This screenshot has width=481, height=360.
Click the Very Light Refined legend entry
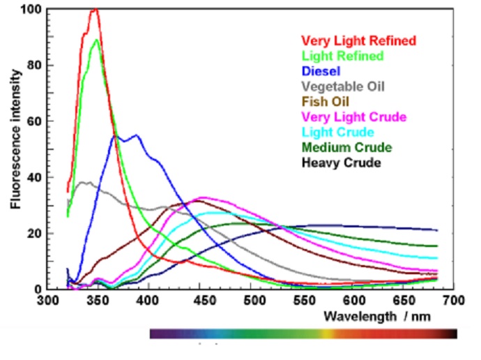[358, 40]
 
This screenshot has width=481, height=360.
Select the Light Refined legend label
[342, 56]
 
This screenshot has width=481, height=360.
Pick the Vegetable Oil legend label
[342, 87]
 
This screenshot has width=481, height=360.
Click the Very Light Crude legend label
[353, 117]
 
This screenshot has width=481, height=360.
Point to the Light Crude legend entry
[337, 132]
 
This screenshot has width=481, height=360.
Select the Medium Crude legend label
[346, 147]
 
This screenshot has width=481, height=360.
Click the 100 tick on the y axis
[29, 10]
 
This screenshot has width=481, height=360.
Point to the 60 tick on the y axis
[32, 121]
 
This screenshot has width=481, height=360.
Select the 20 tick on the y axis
[32, 233]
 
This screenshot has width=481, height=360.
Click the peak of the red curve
[95, 10]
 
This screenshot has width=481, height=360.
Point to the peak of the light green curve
[97, 39]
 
